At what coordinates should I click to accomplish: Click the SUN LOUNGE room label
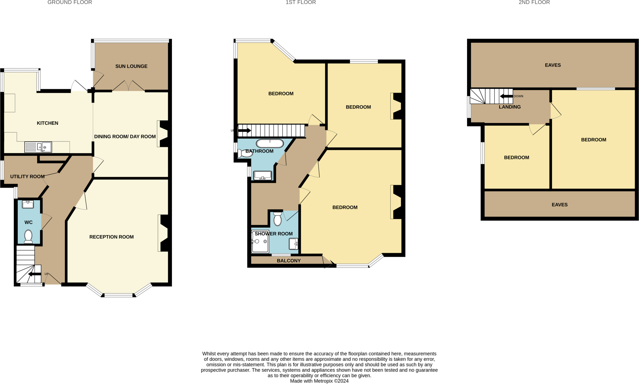point(131,66)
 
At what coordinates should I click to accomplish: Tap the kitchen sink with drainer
point(38,147)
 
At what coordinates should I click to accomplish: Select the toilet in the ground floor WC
point(28,237)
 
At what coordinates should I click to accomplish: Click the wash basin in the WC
point(28,204)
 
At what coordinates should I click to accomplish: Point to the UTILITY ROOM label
point(27,176)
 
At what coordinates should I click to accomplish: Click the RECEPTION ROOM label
point(111,237)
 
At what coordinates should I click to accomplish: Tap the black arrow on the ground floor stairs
point(35,274)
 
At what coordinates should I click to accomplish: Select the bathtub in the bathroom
point(270,143)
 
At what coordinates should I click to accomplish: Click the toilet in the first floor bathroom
point(245,153)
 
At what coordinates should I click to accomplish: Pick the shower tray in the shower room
point(260,242)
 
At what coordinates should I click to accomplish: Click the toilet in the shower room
point(277,218)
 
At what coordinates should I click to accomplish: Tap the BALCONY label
point(289,261)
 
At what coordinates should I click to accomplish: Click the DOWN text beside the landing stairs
point(518,96)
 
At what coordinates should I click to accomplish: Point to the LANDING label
point(510,107)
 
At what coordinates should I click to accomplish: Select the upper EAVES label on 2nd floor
point(553,65)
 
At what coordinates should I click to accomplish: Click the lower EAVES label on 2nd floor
point(559,205)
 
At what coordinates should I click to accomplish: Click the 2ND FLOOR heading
point(534,2)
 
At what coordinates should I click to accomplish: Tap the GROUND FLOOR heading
point(70,2)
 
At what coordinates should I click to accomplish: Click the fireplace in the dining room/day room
point(163,134)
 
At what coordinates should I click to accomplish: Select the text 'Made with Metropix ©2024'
point(319,381)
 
